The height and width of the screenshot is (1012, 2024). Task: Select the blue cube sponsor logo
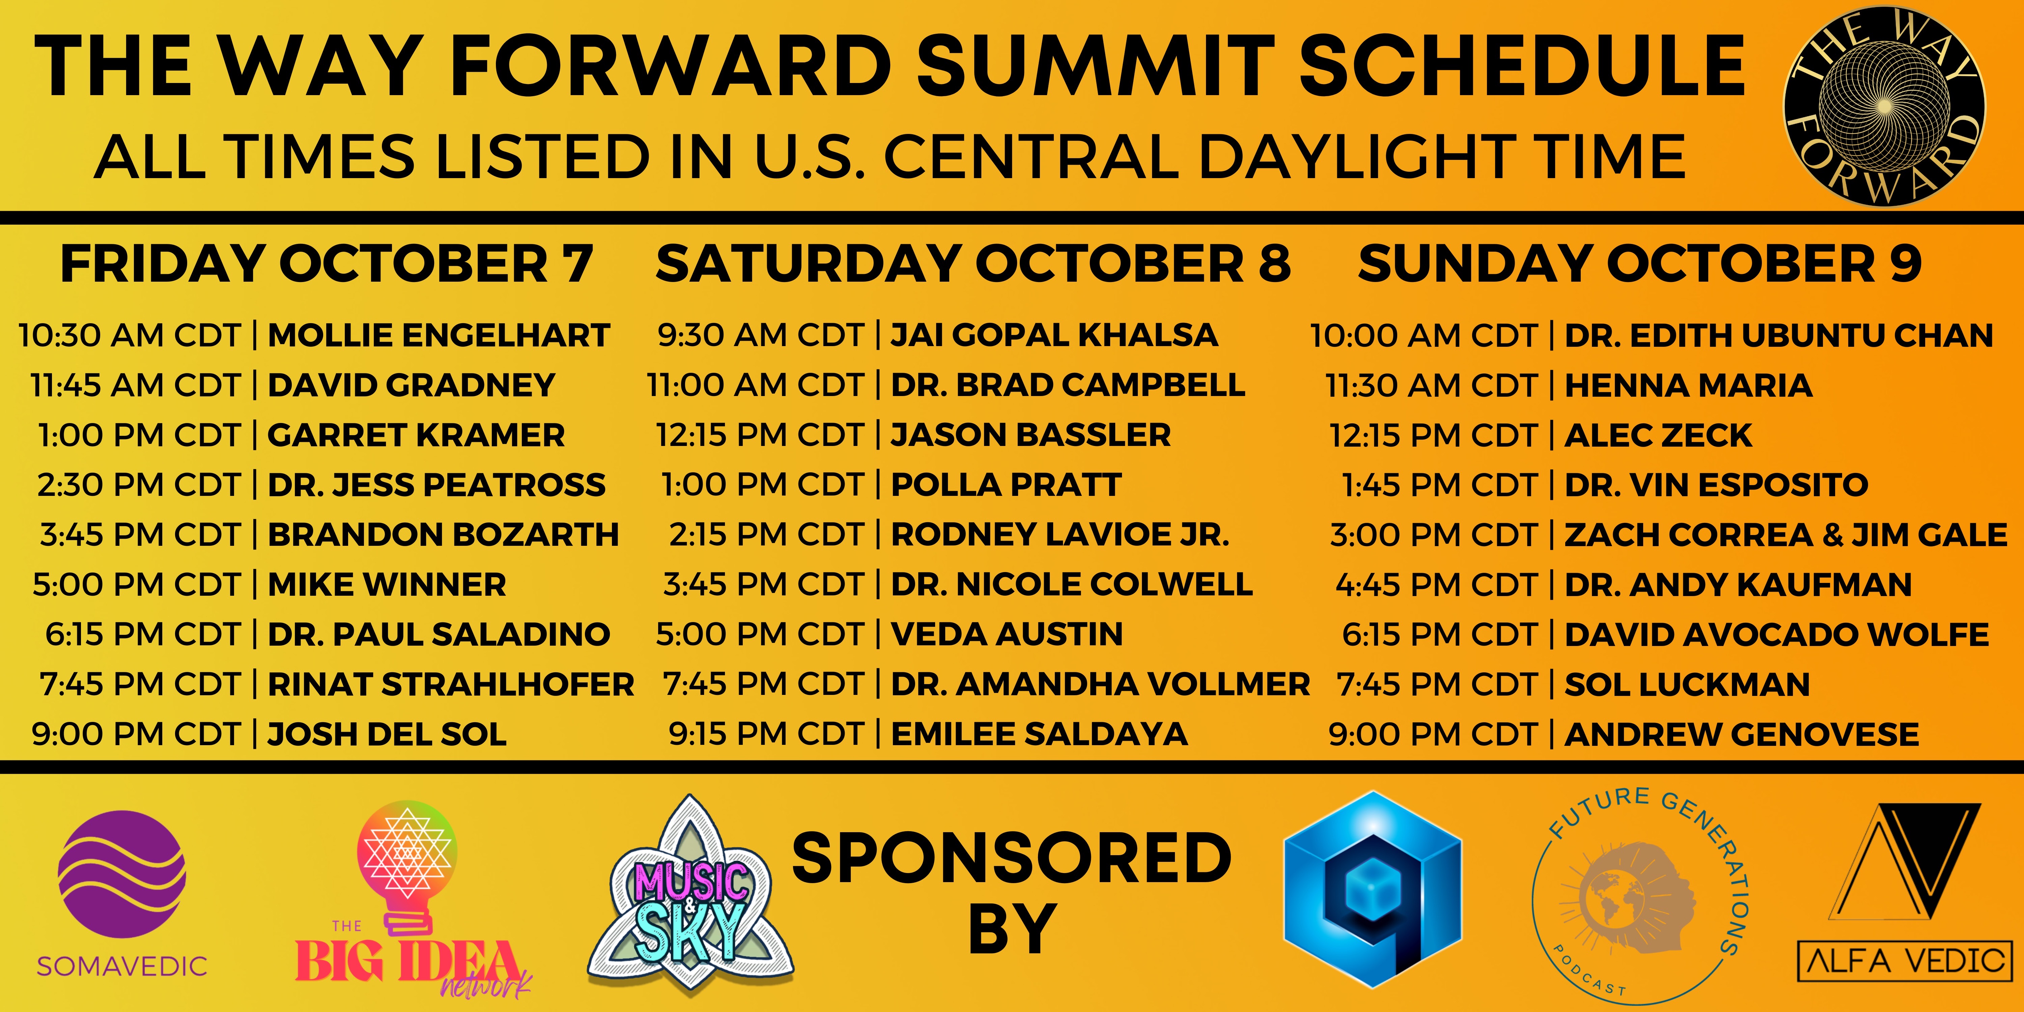(x=1373, y=890)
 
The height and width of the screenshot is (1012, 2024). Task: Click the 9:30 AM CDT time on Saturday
(x=761, y=336)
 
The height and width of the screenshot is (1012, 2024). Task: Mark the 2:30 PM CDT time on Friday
(x=138, y=485)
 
